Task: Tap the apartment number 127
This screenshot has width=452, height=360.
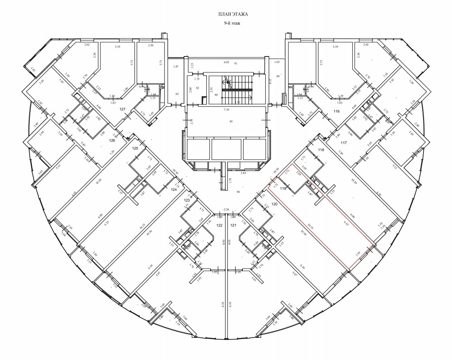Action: click(x=123, y=109)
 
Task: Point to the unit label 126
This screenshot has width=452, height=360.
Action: click(x=112, y=141)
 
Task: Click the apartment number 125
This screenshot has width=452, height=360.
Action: click(x=135, y=149)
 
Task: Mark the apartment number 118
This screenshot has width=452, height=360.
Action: click(x=321, y=150)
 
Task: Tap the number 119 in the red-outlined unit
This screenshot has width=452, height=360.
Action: click(x=282, y=189)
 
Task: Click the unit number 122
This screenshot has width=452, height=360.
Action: click(x=219, y=225)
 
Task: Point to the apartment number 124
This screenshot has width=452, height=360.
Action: click(x=174, y=189)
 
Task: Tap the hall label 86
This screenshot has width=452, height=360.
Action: click(x=239, y=192)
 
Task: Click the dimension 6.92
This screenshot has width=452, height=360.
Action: click(x=226, y=62)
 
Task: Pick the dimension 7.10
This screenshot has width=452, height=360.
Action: click(x=226, y=110)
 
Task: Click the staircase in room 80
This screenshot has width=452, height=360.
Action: click(x=237, y=88)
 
